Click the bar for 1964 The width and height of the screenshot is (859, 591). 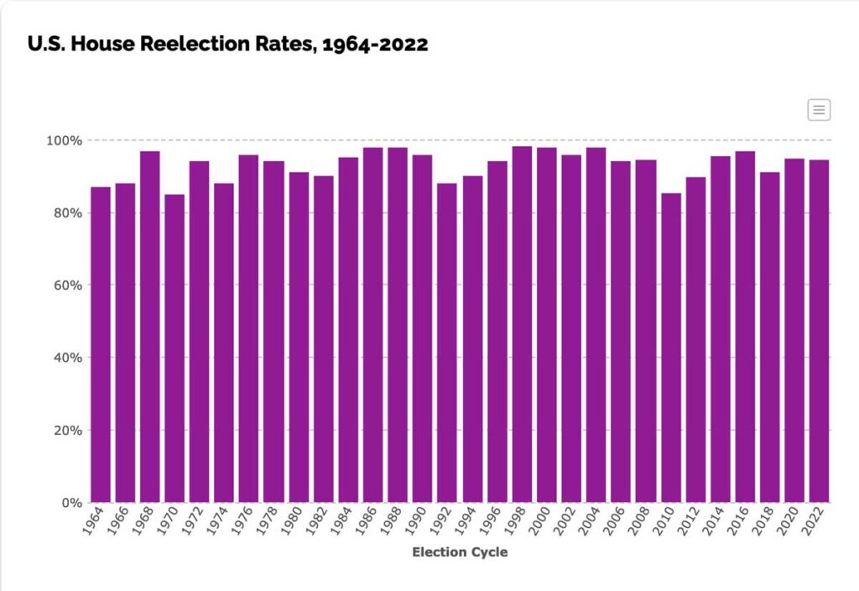point(101,344)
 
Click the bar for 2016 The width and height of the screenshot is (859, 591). point(745,327)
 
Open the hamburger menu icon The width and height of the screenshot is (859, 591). point(819,109)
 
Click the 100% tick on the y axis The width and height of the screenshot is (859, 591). point(64,140)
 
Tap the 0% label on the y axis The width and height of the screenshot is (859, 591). point(70,503)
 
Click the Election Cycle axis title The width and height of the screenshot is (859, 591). point(460,552)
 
